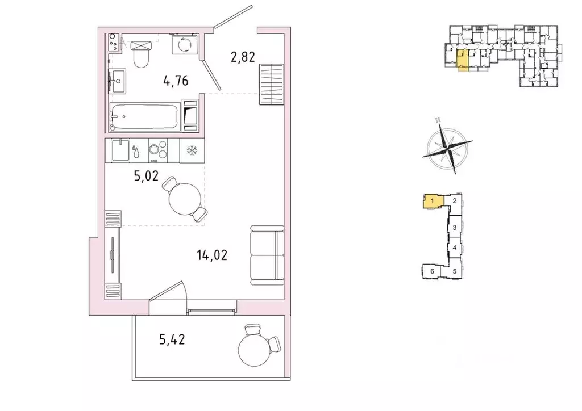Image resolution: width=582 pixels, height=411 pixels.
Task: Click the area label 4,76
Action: [176, 81]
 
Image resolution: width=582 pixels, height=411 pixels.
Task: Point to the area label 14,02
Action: [212, 255]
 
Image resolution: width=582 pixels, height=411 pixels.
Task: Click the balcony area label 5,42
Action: [172, 341]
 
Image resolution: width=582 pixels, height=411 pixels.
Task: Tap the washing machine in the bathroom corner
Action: [186, 45]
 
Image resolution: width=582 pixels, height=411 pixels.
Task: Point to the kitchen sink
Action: [121, 150]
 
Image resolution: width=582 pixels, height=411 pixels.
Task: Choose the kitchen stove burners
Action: [157, 150]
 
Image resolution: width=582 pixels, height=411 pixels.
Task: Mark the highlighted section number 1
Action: [433, 200]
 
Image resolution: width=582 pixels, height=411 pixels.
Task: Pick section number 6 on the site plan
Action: [433, 272]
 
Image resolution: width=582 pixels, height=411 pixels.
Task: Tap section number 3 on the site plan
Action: [455, 228]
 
